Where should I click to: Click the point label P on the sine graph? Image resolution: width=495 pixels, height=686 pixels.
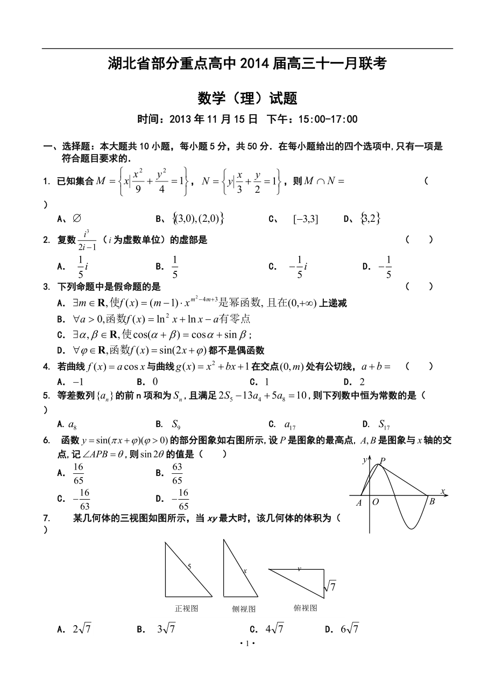pyautogui.click(x=383, y=460)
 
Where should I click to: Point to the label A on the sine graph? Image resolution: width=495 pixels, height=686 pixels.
pyautogui.click(x=359, y=503)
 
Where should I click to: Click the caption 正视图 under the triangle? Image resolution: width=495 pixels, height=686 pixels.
pyautogui.click(x=187, y=608)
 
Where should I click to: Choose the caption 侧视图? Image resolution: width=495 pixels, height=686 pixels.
pyautogui.click(x=244, y=609)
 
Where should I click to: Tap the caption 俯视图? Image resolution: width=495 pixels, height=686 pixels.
pyautogui.click(x=305, y=608)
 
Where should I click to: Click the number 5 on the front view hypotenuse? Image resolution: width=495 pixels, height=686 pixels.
pyautogui.click(x=190, y=566)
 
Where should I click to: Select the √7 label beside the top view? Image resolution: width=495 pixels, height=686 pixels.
pyautogui.click(x=330, y=586)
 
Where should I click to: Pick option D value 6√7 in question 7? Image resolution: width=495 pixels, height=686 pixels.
pyautogui.click(x=350, y=628)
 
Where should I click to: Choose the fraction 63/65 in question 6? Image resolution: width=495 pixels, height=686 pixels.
pyautogui.click(x=177, y=473)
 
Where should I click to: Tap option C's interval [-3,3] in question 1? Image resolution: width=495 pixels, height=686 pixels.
pyautogui.click(x=306, y=219)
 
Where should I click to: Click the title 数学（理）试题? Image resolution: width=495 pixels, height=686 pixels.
pyautogui.click(x=247, y=99)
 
